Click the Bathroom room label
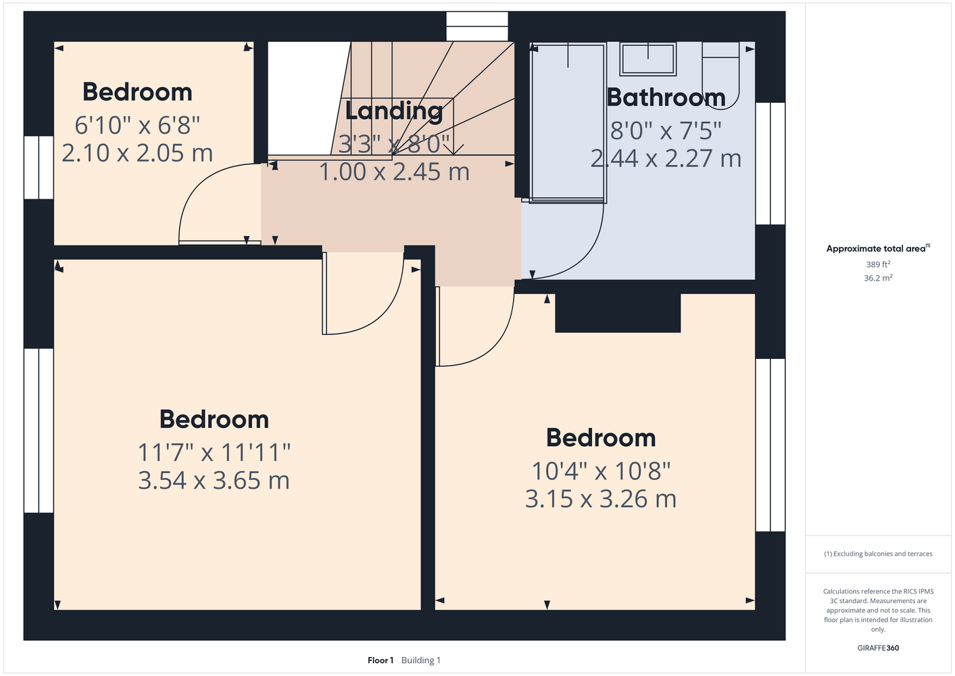click(x=666, y=97)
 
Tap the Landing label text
click(x=394, y=111)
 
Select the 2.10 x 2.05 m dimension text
click(x=137, y=153)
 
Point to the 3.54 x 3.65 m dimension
click(x=214, y=480)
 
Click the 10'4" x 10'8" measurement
click(x=601, y=471)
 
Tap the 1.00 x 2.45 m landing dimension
click(x=394, y=172)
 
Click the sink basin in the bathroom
click(x=648, y=59)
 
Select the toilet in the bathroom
click(x=720, y=75)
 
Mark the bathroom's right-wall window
click(x=770, y=164)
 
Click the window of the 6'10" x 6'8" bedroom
click(x=39, y=168)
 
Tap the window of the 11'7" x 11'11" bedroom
click(x=39, y=431)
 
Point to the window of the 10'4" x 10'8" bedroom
click(x=770, y=445)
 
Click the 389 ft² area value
click(x=878, y=264)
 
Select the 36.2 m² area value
click(x=878, y=278)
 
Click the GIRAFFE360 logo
click(x=878, y=648)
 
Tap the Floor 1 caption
click(x=381, y=660)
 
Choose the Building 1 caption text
click(x=421, y=660)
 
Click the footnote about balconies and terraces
click(x=878, y=554)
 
